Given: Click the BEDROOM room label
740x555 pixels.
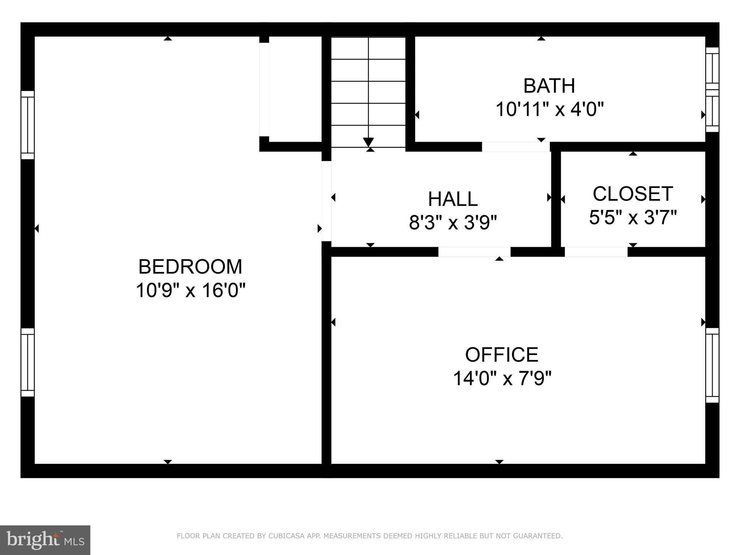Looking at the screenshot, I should [x=190, y=267].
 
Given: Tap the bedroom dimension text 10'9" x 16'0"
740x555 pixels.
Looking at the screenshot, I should [x=190, y=290].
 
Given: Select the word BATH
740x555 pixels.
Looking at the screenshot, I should [x=549, y=86].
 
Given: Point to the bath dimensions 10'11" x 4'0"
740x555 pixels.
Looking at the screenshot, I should [x=549, y=109].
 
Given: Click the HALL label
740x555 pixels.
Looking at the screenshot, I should [x=453, y=199].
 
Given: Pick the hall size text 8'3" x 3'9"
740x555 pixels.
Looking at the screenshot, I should [x=453, y=223].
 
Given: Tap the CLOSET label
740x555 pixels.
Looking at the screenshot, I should [x=633, y=194].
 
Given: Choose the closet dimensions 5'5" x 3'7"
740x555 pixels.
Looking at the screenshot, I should [x=633, y=218].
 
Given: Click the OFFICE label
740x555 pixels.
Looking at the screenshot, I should [x=502, y=355].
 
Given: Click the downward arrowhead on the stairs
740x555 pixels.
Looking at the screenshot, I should [x=368, y=142].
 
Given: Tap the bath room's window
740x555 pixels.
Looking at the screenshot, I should [x=712, y=90].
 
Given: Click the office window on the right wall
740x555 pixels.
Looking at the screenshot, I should [x=712, y=365].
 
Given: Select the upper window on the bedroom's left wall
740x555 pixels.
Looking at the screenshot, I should [x=27, y=125].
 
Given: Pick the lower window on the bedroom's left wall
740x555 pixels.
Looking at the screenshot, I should [x=27, y=362].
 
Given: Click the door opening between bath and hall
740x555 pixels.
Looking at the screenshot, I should [x=516, y=147].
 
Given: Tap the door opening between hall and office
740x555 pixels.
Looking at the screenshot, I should [x=474, y=252].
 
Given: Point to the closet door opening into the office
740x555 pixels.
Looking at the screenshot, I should [x=596, y=252].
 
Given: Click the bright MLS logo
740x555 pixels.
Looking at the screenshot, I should [x=45, y=540].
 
